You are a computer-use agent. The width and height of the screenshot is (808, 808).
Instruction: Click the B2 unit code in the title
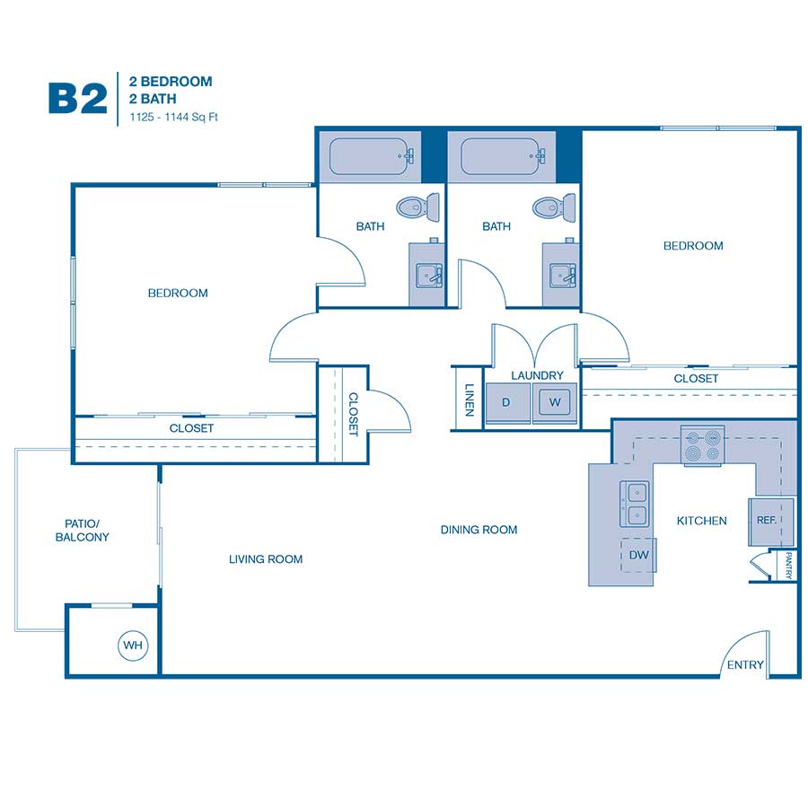(78, 99)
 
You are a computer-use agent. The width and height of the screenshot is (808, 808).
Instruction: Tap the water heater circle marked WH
(133, 646)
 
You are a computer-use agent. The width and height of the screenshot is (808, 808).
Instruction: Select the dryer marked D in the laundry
(507, 402)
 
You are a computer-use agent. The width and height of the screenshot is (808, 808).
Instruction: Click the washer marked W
(555, 402)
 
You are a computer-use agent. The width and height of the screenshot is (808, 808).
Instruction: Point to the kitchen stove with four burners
(702, 445)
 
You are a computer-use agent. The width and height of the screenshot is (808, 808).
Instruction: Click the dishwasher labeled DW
(638, 555)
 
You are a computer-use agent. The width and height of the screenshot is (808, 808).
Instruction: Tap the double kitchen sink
(635, 504)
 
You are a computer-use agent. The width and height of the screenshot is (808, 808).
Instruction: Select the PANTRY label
(788, 566)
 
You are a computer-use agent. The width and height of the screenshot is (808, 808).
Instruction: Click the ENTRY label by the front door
(745, 664)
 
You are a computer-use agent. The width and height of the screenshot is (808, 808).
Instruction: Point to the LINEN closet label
(469, 400)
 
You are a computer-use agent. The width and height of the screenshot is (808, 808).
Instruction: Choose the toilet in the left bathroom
(417, 207)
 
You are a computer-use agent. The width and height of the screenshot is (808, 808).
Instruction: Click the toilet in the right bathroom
(554, 207)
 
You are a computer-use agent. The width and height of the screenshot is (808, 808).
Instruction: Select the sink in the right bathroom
(562, 276)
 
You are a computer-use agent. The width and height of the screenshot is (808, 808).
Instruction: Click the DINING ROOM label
(479, 530)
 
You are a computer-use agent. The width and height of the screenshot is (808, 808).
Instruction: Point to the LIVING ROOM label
(266, 559)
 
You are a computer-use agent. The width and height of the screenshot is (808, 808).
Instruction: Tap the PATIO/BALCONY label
(82, 531)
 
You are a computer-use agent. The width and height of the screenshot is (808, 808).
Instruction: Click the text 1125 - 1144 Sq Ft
(173, 117)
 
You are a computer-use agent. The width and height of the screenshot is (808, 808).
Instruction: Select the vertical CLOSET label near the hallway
(354, 414)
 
